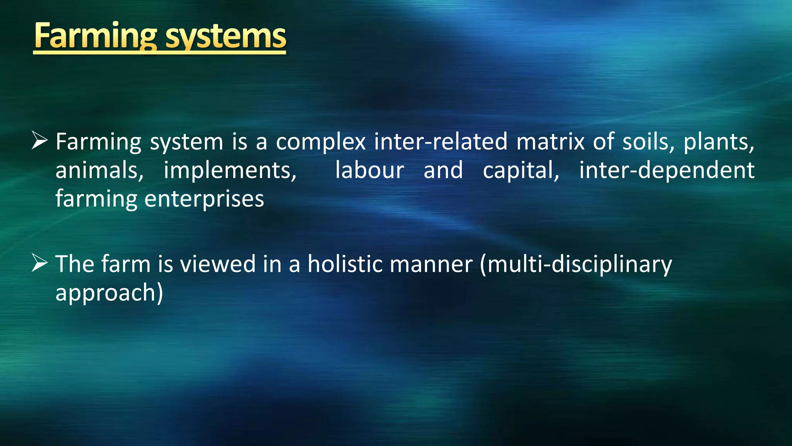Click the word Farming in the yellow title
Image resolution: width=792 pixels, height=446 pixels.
(95, 36)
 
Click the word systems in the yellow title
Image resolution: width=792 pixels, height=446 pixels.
(226, 36)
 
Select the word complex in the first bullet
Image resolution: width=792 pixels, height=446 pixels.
(321, 142)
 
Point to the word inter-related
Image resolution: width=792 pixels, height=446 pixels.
(440, 142)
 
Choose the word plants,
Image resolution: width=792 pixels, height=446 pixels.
(719, 142)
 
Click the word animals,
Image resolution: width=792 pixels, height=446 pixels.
(99, 170)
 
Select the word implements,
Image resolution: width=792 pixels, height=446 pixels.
(230, 170)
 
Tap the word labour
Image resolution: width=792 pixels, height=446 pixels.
(369, 170)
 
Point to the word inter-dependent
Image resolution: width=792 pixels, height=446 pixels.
(667, 170)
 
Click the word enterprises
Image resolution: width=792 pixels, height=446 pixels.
(204, 199)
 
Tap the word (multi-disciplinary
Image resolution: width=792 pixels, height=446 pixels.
(576, 264)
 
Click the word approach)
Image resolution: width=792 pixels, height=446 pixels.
(109, 293)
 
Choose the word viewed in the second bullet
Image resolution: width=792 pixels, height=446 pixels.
(218, 264)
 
